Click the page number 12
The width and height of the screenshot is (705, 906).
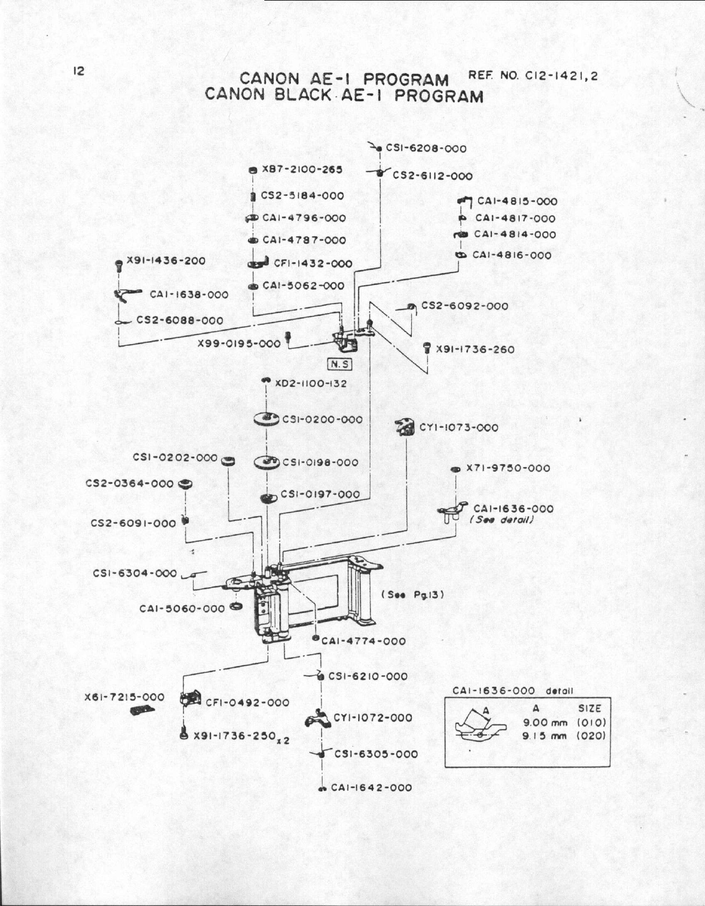[x=79, y=71]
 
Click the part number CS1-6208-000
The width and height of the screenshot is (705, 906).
[x=426, y=148]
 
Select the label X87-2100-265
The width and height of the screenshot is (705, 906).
[x=302, y=169]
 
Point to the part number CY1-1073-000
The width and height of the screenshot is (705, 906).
[x=458, y=428]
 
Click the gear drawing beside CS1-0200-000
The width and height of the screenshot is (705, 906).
[x=266, y=420]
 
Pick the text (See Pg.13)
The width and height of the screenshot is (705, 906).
[x=412, y=594]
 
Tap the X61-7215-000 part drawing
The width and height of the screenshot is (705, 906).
[x=142, y=711]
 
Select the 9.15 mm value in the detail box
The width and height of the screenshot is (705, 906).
[x=545, y=736]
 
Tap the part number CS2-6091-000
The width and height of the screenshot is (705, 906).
[x=133, y=523]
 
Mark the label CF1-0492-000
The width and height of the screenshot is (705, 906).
[x=247, y=703]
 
